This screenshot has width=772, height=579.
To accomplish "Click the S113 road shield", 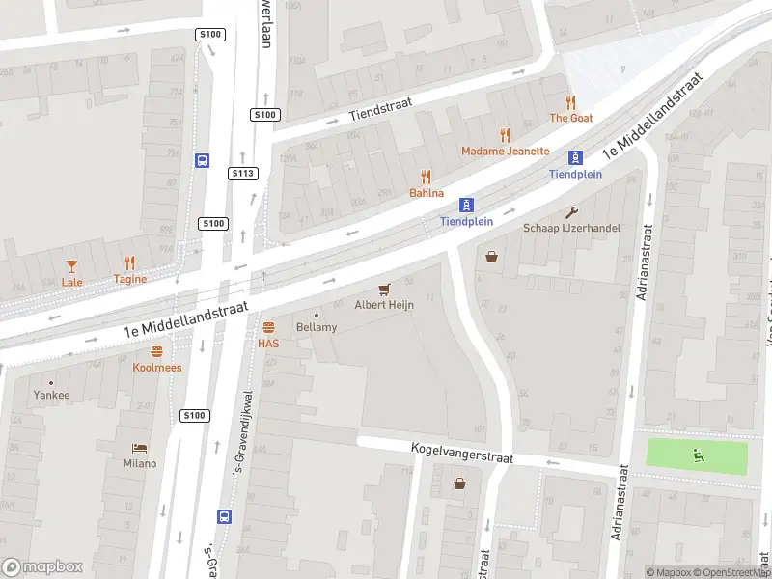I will (x=243, y=174).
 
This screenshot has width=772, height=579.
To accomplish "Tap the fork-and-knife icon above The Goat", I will (x=570, y=102).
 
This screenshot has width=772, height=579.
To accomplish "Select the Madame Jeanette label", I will (x=505, y=151).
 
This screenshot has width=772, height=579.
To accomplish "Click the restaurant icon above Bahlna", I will (x=426, y=178).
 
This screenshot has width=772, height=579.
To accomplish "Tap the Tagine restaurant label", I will (x=129, y=280).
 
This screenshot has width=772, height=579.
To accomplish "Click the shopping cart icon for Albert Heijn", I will (x=384, y=289).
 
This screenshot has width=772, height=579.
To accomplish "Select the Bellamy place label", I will (x=317, y=328).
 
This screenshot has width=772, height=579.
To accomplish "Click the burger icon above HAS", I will (x=268, y=327).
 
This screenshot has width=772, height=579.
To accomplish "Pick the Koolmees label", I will (x=156, y=368).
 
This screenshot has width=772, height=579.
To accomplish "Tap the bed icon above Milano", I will (x=138, y=448).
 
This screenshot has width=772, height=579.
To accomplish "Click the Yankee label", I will (x=51, y=395).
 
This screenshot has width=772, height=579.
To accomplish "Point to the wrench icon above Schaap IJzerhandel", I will (x=571, y=212).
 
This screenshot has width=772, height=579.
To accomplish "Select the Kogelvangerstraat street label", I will (x=461, y=452).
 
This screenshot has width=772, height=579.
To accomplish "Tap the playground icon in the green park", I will (x=697, y=455).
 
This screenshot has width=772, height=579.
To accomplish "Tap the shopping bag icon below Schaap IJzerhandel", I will (x=493, y=257).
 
